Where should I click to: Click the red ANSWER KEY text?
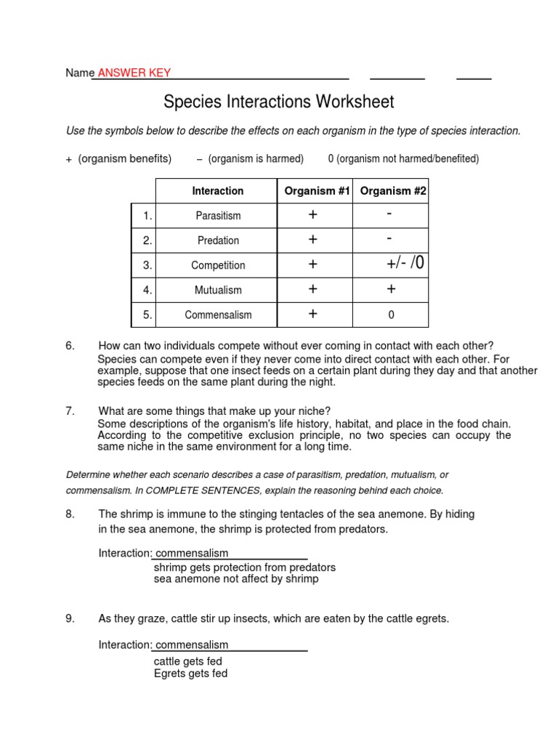coord(134,73)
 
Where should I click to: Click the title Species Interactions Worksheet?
coord(279,102)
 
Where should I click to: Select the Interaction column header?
coord(217,191)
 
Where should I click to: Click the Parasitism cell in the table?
coord(218,216)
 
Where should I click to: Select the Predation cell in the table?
coord(218,240)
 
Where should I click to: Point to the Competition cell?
coord(218,265)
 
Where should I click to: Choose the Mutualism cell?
coord(218,290)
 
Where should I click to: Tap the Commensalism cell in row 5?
coord(218,315)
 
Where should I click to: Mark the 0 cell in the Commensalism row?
coord(391,315)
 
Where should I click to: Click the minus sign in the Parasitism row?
coord(390,214)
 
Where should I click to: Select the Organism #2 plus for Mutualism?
coord(391,289)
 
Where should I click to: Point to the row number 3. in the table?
coord(147,265)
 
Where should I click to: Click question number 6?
coord(70,346)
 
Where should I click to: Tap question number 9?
coord(70,619)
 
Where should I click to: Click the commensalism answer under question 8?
coord(192,554)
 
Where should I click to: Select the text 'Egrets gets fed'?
coord(190,674)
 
